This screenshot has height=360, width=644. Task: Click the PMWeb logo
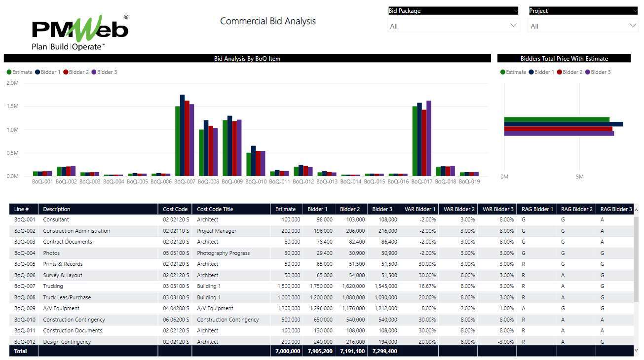(x=80, y=32)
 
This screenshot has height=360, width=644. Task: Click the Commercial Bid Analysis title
(x=267, y=21)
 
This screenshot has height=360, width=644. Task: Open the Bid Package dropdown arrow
(x=513, y=26)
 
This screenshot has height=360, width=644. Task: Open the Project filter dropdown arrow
(x=633, y=26)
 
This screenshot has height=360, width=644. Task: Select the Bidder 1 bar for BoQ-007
(x=182, y=135)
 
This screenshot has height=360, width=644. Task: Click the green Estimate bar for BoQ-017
(x=415, y=141)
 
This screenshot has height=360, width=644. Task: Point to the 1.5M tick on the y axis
(x=12, y=106)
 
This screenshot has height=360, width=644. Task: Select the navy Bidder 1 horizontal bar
(x=563, y=124)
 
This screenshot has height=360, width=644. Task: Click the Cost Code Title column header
(x=215, y=209)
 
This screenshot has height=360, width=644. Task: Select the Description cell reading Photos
(x=51, y=253)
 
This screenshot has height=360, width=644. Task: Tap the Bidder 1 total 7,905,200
(x=319, y=351)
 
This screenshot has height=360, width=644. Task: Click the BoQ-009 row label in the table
(x=25, y=308)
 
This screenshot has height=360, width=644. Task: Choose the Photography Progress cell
(x=223, y=253)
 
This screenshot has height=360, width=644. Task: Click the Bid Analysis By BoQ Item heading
(x=247, y=59)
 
